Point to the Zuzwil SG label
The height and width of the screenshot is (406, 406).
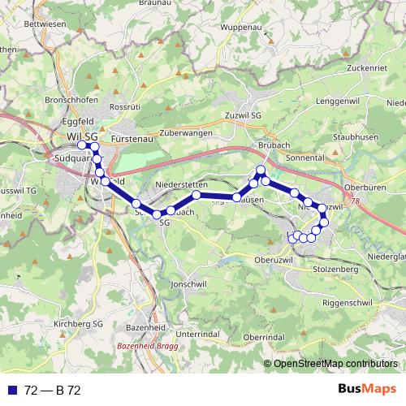(245, 115)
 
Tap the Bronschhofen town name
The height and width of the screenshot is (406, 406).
(71, 100)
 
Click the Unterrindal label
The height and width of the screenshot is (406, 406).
(198, 334)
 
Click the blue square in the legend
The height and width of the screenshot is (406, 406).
(10, 391)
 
